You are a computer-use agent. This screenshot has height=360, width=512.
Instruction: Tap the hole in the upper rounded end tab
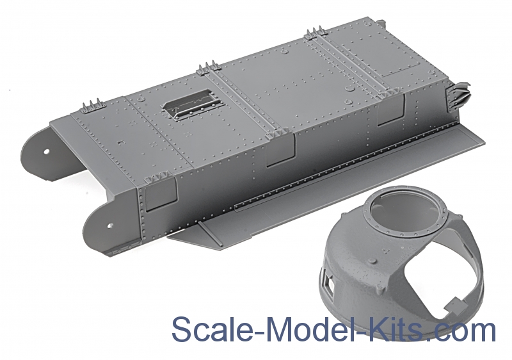pos(47,151)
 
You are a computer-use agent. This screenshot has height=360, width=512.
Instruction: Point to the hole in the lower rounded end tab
pos(108,226)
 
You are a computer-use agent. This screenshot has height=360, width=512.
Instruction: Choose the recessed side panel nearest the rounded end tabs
pos(159,194)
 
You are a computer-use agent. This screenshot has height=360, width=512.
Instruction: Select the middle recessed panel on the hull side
pos(280,151)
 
